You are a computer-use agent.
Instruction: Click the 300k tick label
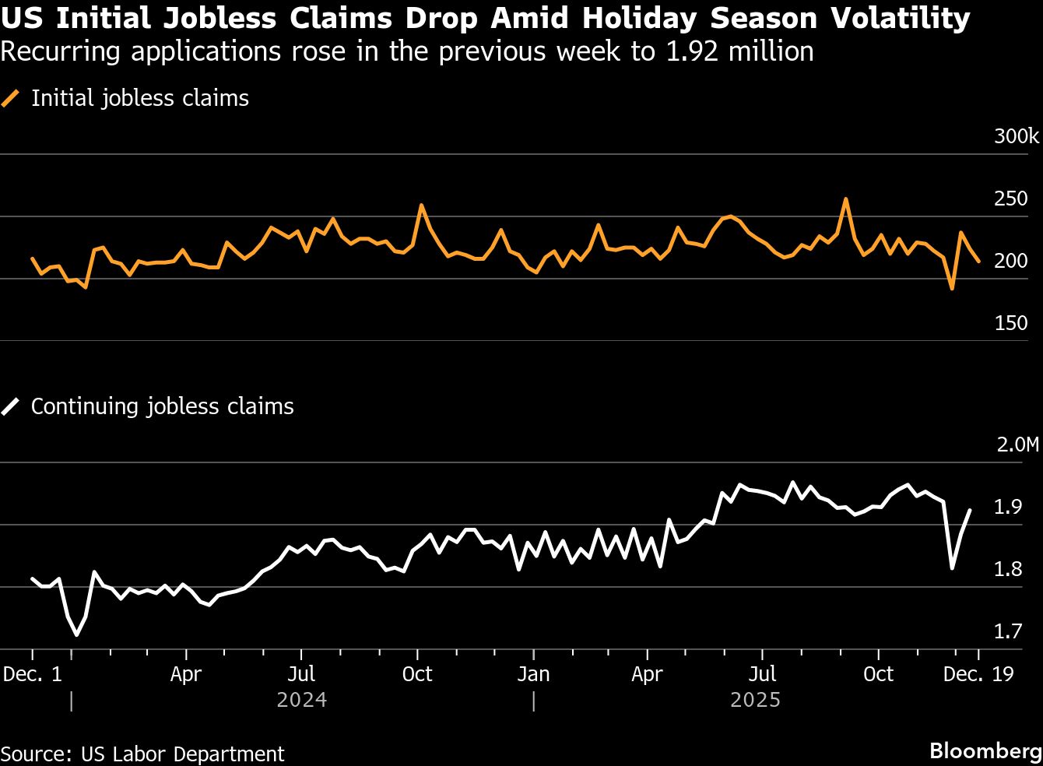click(1016, 137)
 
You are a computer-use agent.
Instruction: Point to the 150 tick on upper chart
click(1011, 323)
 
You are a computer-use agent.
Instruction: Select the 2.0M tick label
click(1017, 445)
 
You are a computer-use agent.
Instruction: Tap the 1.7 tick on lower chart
click(1008, 631)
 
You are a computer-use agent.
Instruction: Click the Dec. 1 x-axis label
click(32, 674)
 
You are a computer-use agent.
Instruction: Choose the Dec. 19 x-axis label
click(978, 674)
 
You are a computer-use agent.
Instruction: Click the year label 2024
click(301, 701)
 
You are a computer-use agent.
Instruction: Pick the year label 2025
click(755, 701)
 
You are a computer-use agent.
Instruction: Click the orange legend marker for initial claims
click(11, 99)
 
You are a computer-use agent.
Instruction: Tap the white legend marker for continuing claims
click(11, 407)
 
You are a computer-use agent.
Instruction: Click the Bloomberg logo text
click(985, 751)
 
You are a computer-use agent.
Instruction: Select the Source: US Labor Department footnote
click(142, 754)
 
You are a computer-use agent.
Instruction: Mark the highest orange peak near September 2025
click(845, 199)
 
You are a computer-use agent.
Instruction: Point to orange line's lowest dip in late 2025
click(951, 289)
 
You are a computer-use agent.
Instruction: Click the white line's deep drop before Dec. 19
click(952, 567)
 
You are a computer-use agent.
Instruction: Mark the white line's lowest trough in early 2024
click(76, 634)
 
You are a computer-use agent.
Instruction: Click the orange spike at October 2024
click(421, 206)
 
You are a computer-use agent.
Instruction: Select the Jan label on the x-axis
click(533, 674)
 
